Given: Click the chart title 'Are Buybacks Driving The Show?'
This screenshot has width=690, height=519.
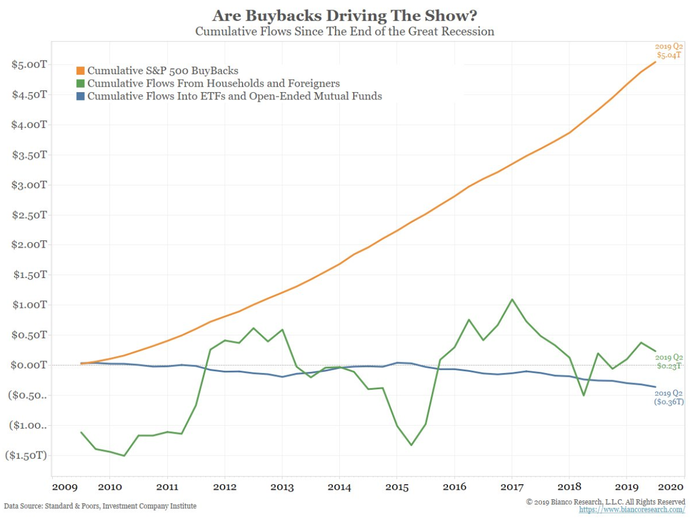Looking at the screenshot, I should [345, 15].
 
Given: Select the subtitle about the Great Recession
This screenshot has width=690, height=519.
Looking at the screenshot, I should [345, 31].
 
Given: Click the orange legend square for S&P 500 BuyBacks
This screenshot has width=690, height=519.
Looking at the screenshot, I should [80, 71].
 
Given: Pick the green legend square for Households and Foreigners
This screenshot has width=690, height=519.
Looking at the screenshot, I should [80, 84].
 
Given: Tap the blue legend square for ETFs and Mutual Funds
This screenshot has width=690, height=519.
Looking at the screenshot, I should [80, 96].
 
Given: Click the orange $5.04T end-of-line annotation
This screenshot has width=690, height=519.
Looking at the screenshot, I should [669, 55].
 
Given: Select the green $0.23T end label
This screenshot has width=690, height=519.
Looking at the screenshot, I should [670, 366].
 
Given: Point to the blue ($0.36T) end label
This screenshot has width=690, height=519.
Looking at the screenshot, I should [668, 402].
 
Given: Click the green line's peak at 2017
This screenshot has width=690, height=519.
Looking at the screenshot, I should [511, 299].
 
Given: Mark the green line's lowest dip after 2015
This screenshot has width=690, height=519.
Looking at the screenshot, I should [412, 445].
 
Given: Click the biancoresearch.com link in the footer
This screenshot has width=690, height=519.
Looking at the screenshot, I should [632, 510].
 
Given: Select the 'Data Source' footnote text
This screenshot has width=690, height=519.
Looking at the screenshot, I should [100, 506].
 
